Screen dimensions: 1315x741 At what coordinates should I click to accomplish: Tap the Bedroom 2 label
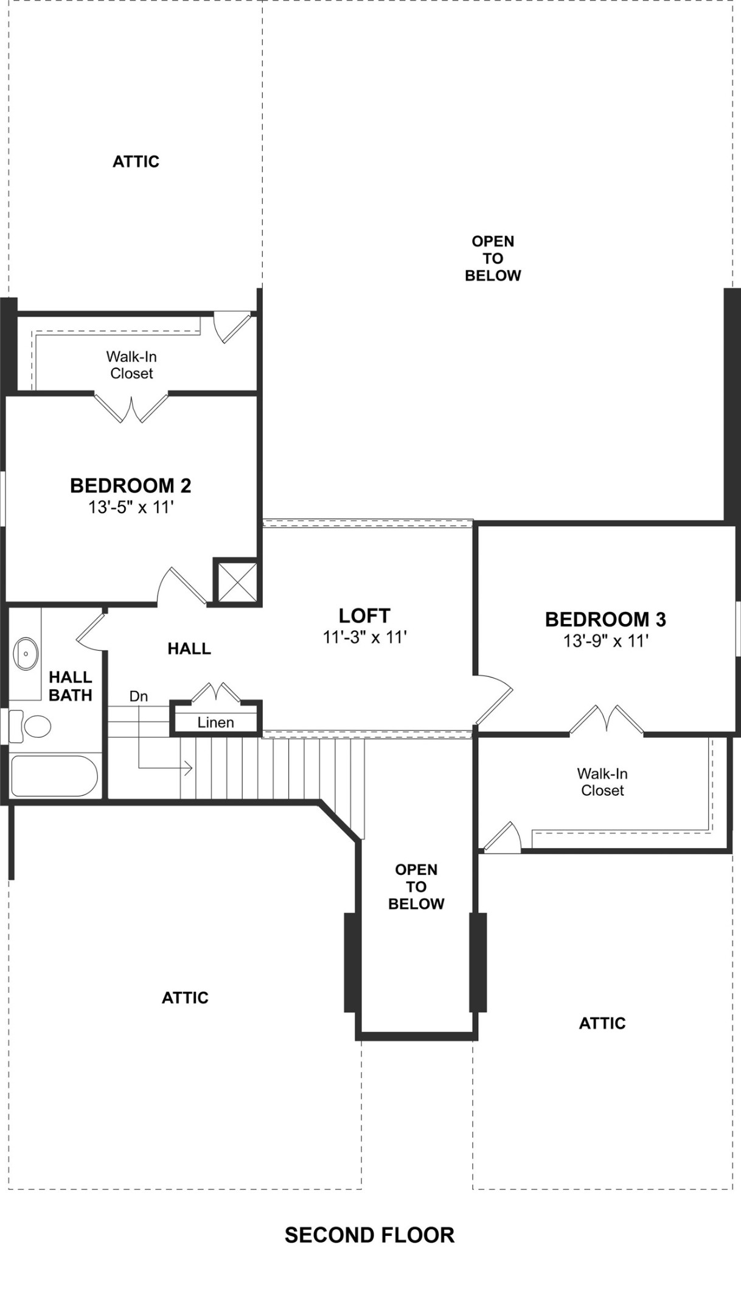click(x=130, y=485)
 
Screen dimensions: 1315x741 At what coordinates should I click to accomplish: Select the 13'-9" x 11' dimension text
click(x=605, y=640)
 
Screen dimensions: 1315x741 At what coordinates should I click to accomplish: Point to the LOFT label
click(x=364, y=615)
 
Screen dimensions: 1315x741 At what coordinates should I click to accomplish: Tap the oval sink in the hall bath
click(x=26, y=653)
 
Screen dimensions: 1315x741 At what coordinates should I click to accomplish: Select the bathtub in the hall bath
click(x=54, y=776)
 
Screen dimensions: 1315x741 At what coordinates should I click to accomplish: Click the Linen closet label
click(x=215, y=722)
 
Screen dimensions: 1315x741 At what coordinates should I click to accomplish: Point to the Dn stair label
click(x=139, y=696)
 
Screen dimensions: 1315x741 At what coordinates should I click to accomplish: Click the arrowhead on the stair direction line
click(x=189, y=768)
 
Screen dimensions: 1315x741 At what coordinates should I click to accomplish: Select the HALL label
click(x=189, y=648)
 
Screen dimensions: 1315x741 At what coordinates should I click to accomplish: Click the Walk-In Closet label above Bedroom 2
click(x=131, y=365)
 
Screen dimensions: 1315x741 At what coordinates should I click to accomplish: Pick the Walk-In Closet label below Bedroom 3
click(x=602, y=782)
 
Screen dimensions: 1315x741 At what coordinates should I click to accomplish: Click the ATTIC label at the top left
click(x=136, y=161)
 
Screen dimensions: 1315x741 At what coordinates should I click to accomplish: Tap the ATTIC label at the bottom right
click(x=602, y=1023)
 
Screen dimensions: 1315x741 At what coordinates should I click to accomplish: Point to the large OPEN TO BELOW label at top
click(x=493, y=258)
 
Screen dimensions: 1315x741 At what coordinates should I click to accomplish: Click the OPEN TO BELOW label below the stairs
click(x=416, y=886)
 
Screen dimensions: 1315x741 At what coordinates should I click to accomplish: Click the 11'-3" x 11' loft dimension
click(x=364, y=637)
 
